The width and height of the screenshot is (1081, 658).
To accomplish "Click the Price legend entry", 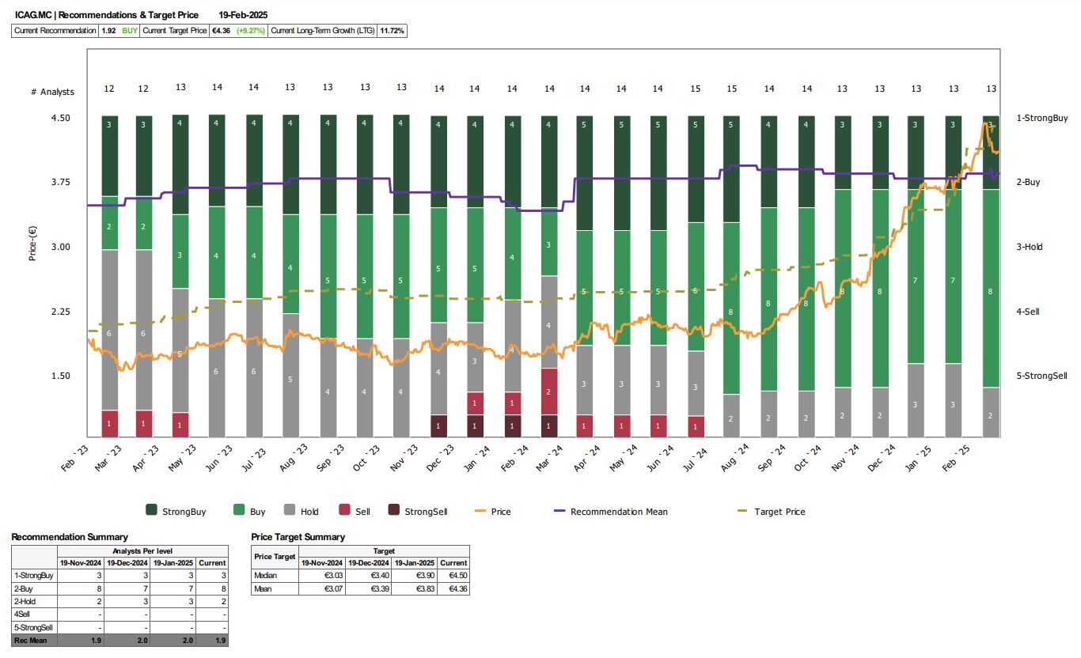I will point(500,512).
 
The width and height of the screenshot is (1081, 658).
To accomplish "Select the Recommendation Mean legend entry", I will point(618,512).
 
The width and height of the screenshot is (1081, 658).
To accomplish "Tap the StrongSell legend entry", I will point(426,512).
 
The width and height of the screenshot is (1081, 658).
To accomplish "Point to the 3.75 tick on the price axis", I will point(59,183).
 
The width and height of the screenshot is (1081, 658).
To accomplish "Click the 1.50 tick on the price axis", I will point(59,376).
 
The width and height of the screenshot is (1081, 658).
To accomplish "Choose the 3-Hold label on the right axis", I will point(1029,247).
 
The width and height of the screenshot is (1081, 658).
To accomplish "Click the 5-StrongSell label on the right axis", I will point(1041,376).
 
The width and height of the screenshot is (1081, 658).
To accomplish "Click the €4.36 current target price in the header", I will point(221,31).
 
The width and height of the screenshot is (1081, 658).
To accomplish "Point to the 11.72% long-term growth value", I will point(392,31).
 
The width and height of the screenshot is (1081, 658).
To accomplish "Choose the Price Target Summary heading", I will point(298,537).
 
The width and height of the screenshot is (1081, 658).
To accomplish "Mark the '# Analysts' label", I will point(52,92).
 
